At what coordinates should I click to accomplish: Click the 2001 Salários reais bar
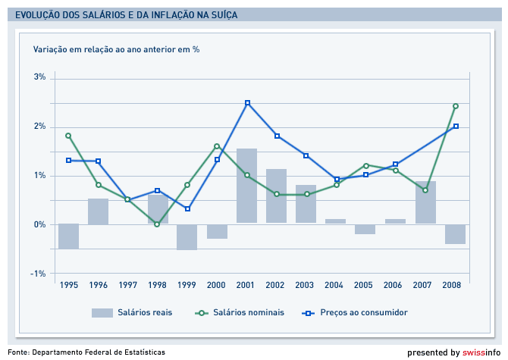246,186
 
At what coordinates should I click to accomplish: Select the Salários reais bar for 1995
68,236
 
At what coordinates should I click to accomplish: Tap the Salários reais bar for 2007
425,202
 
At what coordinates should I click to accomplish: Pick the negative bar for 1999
187,237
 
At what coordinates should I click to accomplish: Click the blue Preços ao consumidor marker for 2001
247,103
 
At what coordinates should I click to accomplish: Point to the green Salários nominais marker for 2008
456,106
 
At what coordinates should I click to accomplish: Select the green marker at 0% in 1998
157,224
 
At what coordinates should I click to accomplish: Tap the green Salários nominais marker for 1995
68,136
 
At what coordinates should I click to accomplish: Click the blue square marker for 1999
187,209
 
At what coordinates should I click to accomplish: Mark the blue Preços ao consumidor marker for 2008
456,127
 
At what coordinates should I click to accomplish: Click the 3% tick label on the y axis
39,77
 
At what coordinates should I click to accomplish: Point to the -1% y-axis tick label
39,274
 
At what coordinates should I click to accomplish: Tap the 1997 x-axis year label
127,285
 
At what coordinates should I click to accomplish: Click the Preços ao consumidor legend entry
364,312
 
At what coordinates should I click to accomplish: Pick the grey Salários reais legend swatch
102,312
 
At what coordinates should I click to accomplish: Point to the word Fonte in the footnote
18,352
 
